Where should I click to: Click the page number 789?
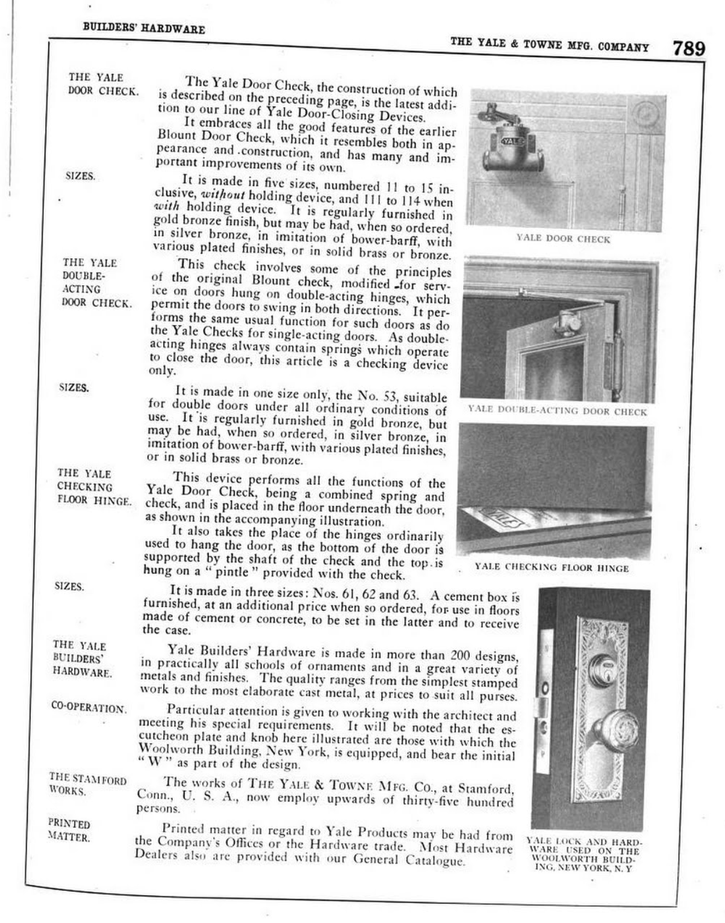pyautogui.click(x=688, y=48)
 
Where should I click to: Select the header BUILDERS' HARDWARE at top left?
pyautogui.click(x=144, y=29)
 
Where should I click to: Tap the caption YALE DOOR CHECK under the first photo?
pyautogui.click(x=563, y=239)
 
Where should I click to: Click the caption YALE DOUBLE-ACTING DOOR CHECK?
pyautogui.click(x=557, y=412)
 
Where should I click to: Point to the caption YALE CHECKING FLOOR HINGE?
pyautogui.click(x=552, y=567)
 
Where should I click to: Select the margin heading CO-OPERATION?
pyautogui.click(x=89, y=708)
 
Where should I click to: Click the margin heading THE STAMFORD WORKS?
pyautogui.click(x=87, y=785)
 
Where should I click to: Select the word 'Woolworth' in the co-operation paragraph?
pyautogui.click(x=172, y=750)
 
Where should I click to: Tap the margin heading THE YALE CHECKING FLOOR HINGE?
pyautogui.click(x=94, y=487)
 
